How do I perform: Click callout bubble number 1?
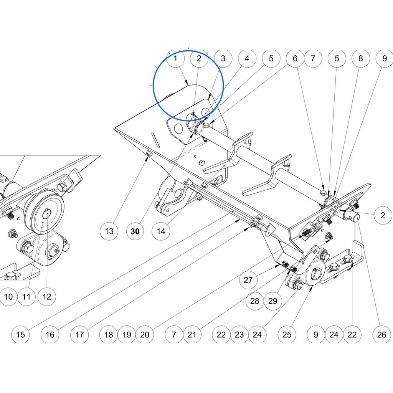pyautogui.click(x=175, y=58)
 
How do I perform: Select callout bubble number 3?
pyautogui.click(x=223, y=58)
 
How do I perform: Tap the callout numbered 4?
pyautogui.click(x=247, y=58)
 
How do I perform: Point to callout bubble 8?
pyautogui.click(x=361, y=58)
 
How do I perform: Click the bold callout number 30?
pyautogui.click(x=135, y=231)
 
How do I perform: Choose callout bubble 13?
pyautogui.click(x=109, y=231)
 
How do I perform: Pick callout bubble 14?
pyautogui.click(x=161, y=231)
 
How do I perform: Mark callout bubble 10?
pyautogui.click(x=8, y=297)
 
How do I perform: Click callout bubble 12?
pyautogui.click(x=47, y=297)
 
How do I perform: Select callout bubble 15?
pyautogui.click(x=21, y=335)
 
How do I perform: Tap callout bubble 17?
pyautogui.click(x=79, y=335)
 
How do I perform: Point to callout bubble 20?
pyautogui.click(x=145, y=335)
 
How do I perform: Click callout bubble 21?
pyautogui.click(x=192, y=335)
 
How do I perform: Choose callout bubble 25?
pyautogui.click(x=287, y=335)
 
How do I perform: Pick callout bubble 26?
pyautogui.click(x=382, y=335)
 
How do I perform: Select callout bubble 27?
pyautogui.click(x=248, y=280)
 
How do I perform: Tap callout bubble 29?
pyautogui.click(x=273, y=301)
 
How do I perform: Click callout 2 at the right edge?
pyautogui.click(x=383, y=215)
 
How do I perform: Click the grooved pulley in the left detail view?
pyautogui.click(x=44, y=212)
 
